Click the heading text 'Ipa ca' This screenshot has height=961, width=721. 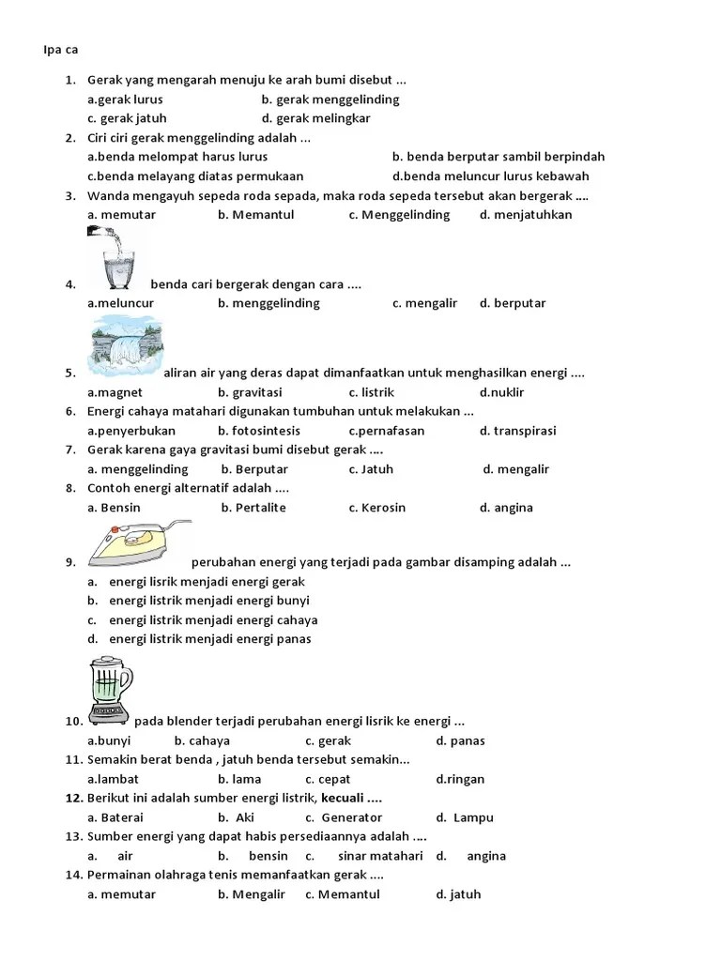(x=60, y=49)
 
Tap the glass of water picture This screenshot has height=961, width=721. (x=116, y=257)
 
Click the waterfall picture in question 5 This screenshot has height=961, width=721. (x=124, y=347)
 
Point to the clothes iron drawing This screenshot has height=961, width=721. (x=139, y=545)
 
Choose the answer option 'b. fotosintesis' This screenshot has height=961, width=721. (x=259, y=431)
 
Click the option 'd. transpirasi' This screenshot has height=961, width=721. (x=517, y=431)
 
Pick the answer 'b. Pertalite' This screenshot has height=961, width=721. (x=253, y=508)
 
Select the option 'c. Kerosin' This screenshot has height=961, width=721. (x=376, y=508)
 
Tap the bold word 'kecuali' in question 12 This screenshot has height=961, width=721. (x=345, y=798)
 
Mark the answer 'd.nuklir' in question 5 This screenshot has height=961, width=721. (x=501, y=392)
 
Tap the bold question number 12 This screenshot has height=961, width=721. (x=74, y=798)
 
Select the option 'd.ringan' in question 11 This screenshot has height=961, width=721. (x=460, y=779)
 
